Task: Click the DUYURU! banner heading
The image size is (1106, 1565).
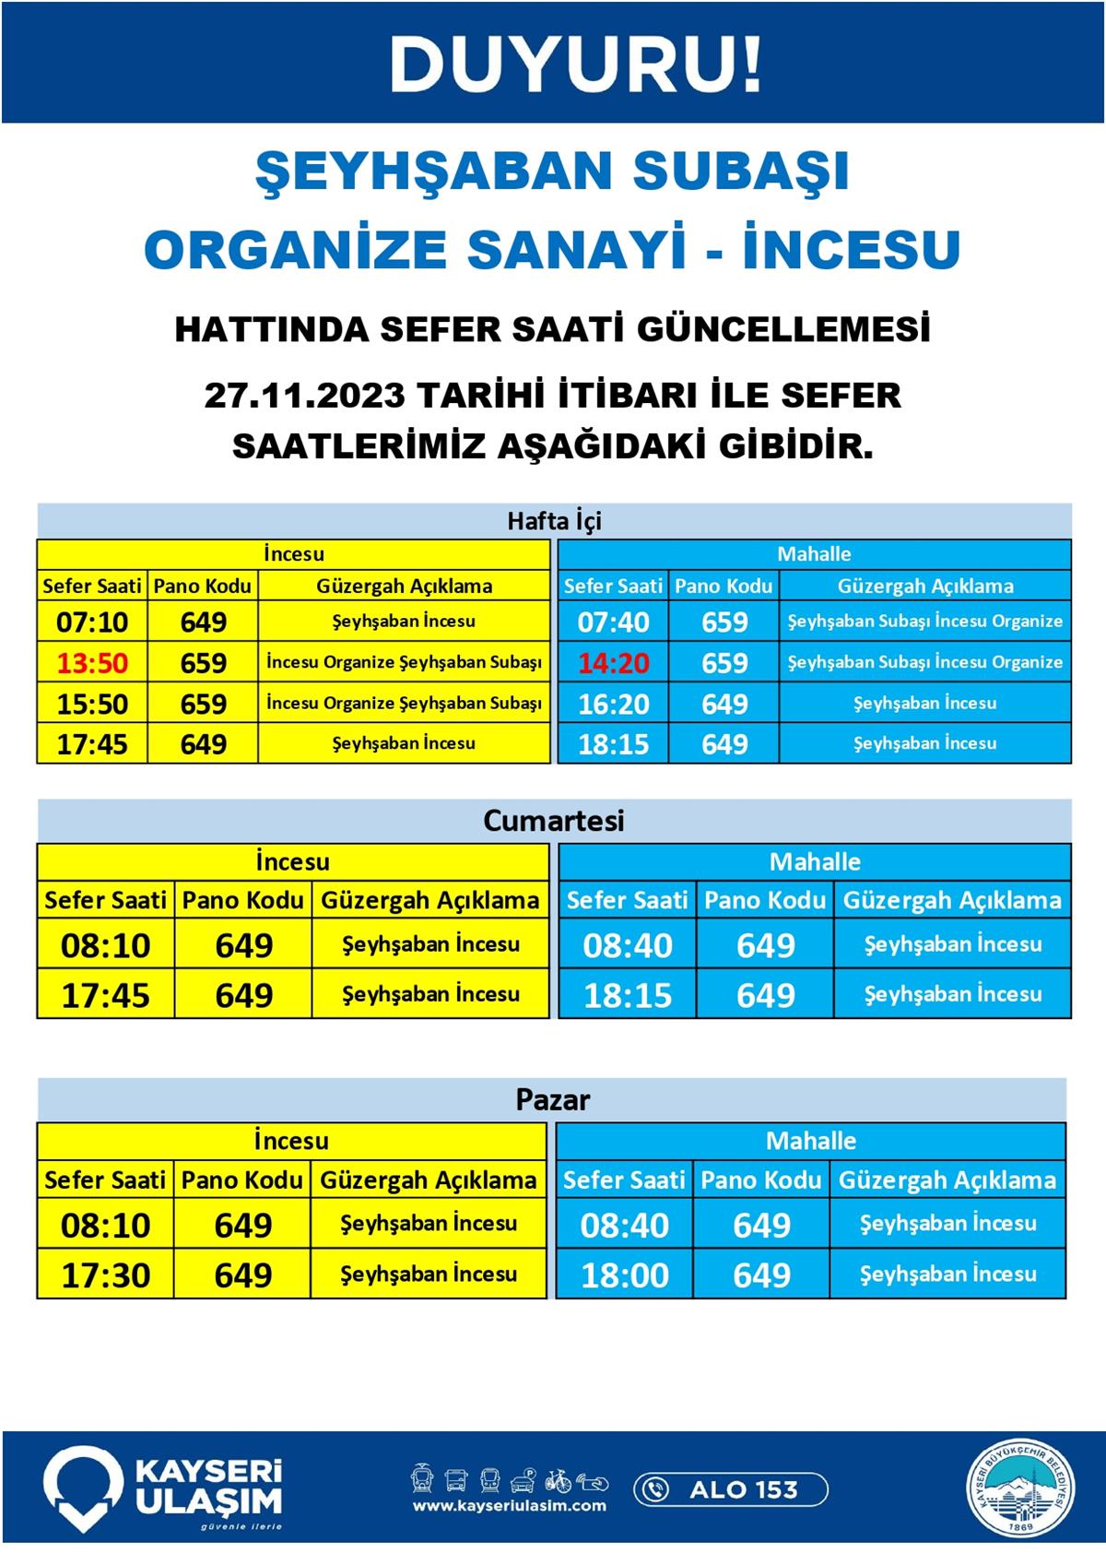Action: (576, 64)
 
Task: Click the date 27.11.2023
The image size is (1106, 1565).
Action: (304, 396)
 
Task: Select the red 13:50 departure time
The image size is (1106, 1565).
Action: (92, 663)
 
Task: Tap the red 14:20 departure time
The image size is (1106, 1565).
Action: (613, 663)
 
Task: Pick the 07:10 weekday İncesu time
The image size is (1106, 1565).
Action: (92, 622)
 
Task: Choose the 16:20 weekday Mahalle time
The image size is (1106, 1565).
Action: (613, 704)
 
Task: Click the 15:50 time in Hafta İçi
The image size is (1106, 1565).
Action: (92, 704)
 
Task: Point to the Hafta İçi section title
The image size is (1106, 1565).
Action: (553, 521)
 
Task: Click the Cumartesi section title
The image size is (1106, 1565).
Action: (553, 821)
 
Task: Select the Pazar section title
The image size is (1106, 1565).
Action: (552, 1099)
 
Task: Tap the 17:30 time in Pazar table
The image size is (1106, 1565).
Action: (105, 1275)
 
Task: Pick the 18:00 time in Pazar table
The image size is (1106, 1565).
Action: (625, 1275)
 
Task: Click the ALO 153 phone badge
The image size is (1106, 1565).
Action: (730, 1489)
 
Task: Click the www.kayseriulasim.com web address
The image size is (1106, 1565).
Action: (509, 1506)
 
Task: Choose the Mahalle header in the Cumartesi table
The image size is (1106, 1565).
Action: (815, 862)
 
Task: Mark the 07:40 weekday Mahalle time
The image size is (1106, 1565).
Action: (613, 622)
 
